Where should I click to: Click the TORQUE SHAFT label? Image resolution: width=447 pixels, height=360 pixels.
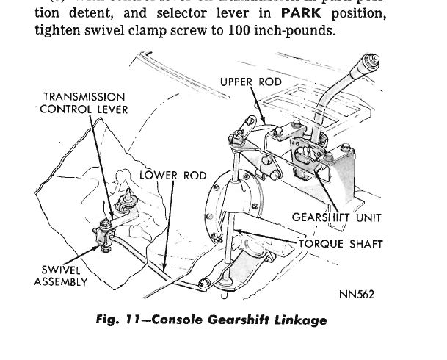coord(341,244)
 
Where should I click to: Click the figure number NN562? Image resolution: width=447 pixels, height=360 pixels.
coord(357,296)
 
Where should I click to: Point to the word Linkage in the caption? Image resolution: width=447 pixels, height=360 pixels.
coord(299,320)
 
